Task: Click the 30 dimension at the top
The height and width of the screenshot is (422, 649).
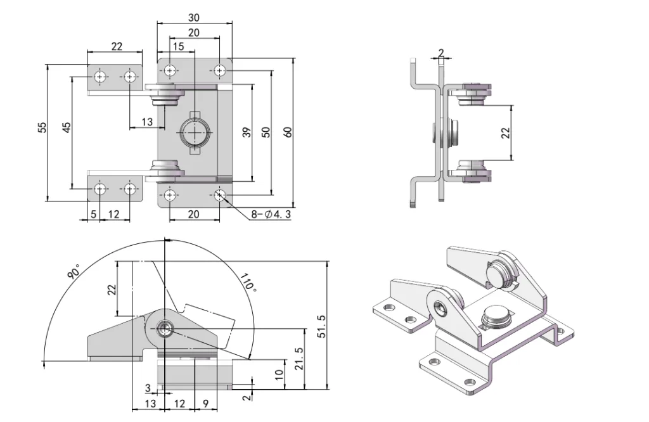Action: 194,18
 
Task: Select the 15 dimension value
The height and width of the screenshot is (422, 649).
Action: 178,46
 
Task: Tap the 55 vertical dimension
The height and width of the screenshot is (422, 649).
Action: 42,127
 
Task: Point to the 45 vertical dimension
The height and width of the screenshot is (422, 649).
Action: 66,127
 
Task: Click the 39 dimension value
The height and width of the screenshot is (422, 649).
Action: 247,132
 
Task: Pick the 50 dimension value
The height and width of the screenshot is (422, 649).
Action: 266,132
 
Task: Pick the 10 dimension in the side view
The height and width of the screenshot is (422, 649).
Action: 280,375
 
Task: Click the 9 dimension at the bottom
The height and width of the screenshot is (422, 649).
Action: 205,404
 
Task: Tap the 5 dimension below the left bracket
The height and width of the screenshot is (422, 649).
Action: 93,214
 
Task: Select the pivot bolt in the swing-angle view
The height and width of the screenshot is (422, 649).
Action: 165,328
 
